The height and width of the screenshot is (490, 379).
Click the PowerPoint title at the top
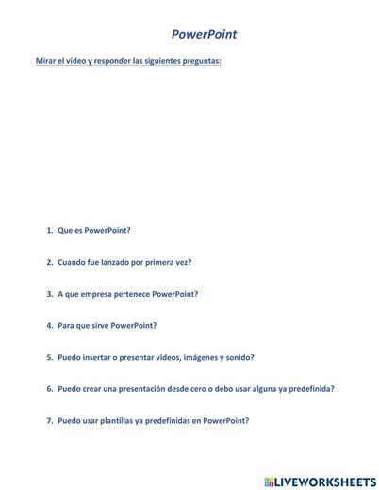204,34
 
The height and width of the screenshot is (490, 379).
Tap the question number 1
49,230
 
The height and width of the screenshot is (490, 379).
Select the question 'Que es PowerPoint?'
93,230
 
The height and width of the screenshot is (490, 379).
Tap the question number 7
49,420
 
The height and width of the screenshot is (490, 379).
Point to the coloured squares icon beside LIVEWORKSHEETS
269,481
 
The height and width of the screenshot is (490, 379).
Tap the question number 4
49,325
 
